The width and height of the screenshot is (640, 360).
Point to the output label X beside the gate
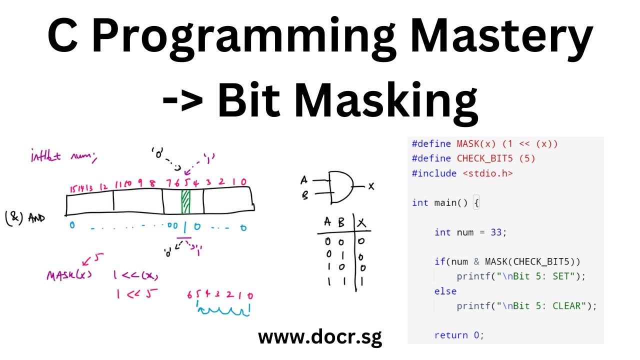371,186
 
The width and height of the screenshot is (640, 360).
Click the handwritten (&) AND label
25,219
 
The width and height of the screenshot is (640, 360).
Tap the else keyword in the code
445,290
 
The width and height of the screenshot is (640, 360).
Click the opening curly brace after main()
475,202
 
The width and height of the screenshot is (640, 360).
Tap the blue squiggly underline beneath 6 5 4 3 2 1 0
223,312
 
